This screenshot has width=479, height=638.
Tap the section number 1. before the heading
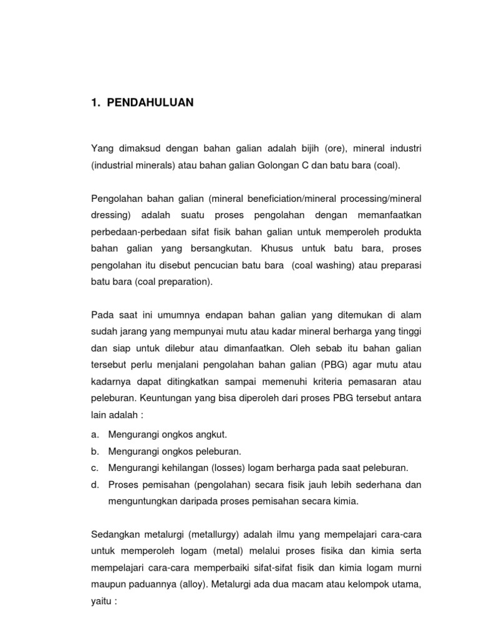pos(95,103)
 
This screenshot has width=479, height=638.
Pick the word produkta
pos(401,231)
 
